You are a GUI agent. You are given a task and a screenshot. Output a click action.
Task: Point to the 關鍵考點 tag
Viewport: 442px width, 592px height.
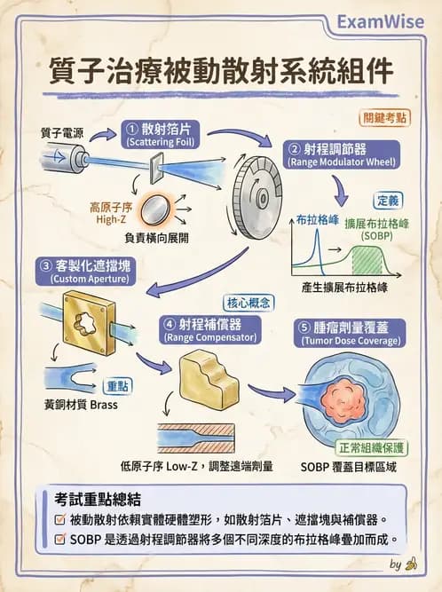click(x=386, y=117)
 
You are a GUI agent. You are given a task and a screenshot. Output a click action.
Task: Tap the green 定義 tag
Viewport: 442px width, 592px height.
click(x=388, y=200)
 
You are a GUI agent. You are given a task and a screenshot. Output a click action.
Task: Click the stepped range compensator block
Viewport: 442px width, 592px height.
click(x=208, y=378)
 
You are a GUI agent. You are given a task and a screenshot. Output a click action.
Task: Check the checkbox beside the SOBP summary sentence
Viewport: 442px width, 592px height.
click(x=59, y=538)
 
